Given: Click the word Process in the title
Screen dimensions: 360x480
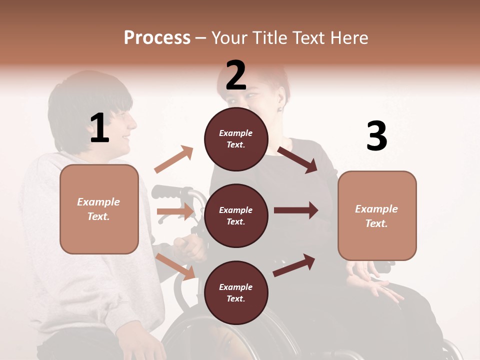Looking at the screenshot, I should point(157,37).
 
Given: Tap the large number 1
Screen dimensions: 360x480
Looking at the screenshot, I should point(99,128).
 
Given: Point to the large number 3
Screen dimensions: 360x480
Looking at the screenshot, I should point(376,136).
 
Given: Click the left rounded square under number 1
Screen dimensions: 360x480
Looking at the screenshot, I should point(99,209).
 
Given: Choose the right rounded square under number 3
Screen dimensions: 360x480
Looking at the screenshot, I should point(377,215).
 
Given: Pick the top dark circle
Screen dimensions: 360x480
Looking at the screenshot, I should point(236,139).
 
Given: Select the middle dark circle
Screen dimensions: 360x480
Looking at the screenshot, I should point(236,215).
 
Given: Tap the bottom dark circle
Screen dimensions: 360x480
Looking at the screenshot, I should point(236,292).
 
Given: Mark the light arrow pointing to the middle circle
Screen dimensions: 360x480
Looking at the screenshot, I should point(175,211).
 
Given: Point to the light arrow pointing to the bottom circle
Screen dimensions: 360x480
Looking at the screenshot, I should point(175,266).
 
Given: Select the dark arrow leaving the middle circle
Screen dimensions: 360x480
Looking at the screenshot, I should point(296,210).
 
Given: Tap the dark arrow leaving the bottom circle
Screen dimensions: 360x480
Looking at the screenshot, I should point(294,265).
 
